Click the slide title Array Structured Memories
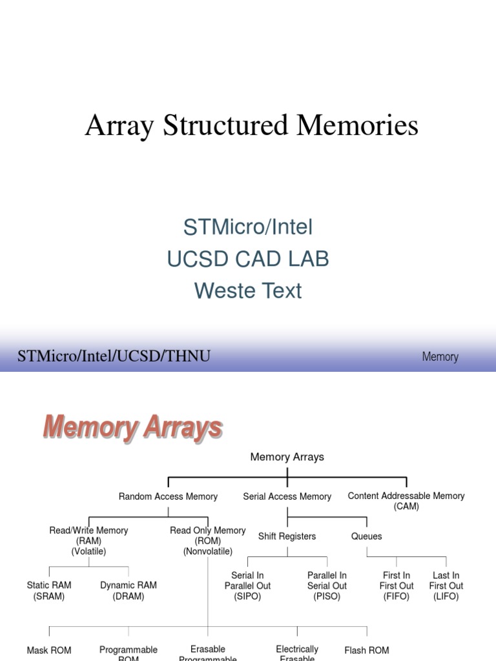coord(251,125)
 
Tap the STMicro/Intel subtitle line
coord(248,227)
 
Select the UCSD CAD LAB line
coord(248,259)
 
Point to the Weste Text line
coord(248,290)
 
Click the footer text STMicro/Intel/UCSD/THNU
coord(114,356)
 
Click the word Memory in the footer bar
coord(440,357)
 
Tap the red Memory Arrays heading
coord(133,428)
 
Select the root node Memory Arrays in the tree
coord(287,457)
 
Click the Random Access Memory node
coord(168,496)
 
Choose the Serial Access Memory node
coord(287,496)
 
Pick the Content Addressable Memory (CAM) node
coord(406,501)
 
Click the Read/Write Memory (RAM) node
coord(88,541)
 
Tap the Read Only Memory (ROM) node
coord(208,541)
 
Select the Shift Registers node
coord(287,536)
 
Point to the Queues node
coord(367,536)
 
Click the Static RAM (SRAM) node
coord(49,591)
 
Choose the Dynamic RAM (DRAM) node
coord(129,591)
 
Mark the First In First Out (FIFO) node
coord(397,586)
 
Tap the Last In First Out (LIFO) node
coord(446,586)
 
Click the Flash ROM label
coord(367,651)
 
